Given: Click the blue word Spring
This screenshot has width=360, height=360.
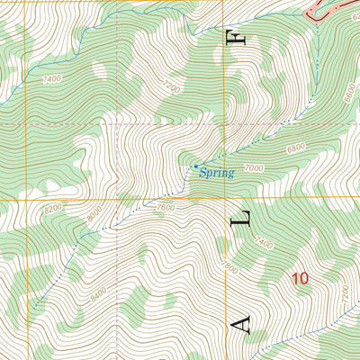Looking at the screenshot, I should point(216,172).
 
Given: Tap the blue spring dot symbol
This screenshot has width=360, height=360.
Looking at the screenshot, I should point(195,166).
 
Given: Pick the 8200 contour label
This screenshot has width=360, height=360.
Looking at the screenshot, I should point(52,209).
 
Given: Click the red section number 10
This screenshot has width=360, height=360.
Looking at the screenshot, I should point(300,279).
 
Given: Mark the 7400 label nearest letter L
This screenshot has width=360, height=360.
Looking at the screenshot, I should point(263,243).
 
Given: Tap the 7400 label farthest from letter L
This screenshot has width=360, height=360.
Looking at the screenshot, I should point(51,79).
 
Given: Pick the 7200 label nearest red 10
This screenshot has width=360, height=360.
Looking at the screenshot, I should point(342,292).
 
